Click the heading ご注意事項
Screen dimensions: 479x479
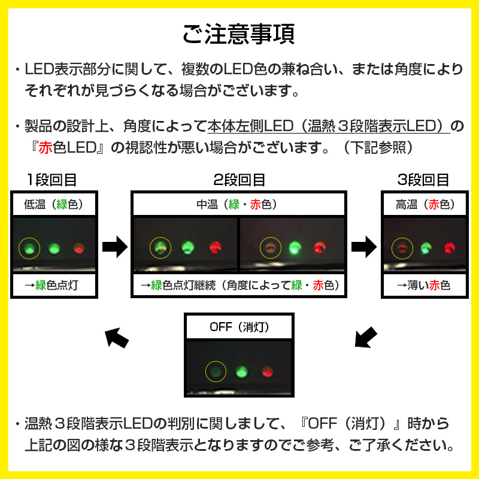(x=239, y=34)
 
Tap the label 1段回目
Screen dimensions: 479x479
(x=52, y=180)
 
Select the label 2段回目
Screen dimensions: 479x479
(x=239, y=180)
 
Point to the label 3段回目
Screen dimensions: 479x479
(x=423, y=180)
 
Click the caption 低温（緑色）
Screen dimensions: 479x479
(x=54, y=204)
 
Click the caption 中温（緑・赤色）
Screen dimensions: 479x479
(x=239, y=204)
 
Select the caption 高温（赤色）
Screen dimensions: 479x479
(x=423, y=204)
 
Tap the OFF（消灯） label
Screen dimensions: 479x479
(x=239, y=327)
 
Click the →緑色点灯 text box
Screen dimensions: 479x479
(x=54, y=286)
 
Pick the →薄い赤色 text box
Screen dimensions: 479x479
(x=423, y=286)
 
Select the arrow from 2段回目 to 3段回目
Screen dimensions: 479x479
(x=363, y=245)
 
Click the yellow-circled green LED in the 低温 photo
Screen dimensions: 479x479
(x=29, y=247)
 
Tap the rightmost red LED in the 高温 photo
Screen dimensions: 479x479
(x=449, y=247)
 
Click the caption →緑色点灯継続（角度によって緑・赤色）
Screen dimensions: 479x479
(x=239, y=286)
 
